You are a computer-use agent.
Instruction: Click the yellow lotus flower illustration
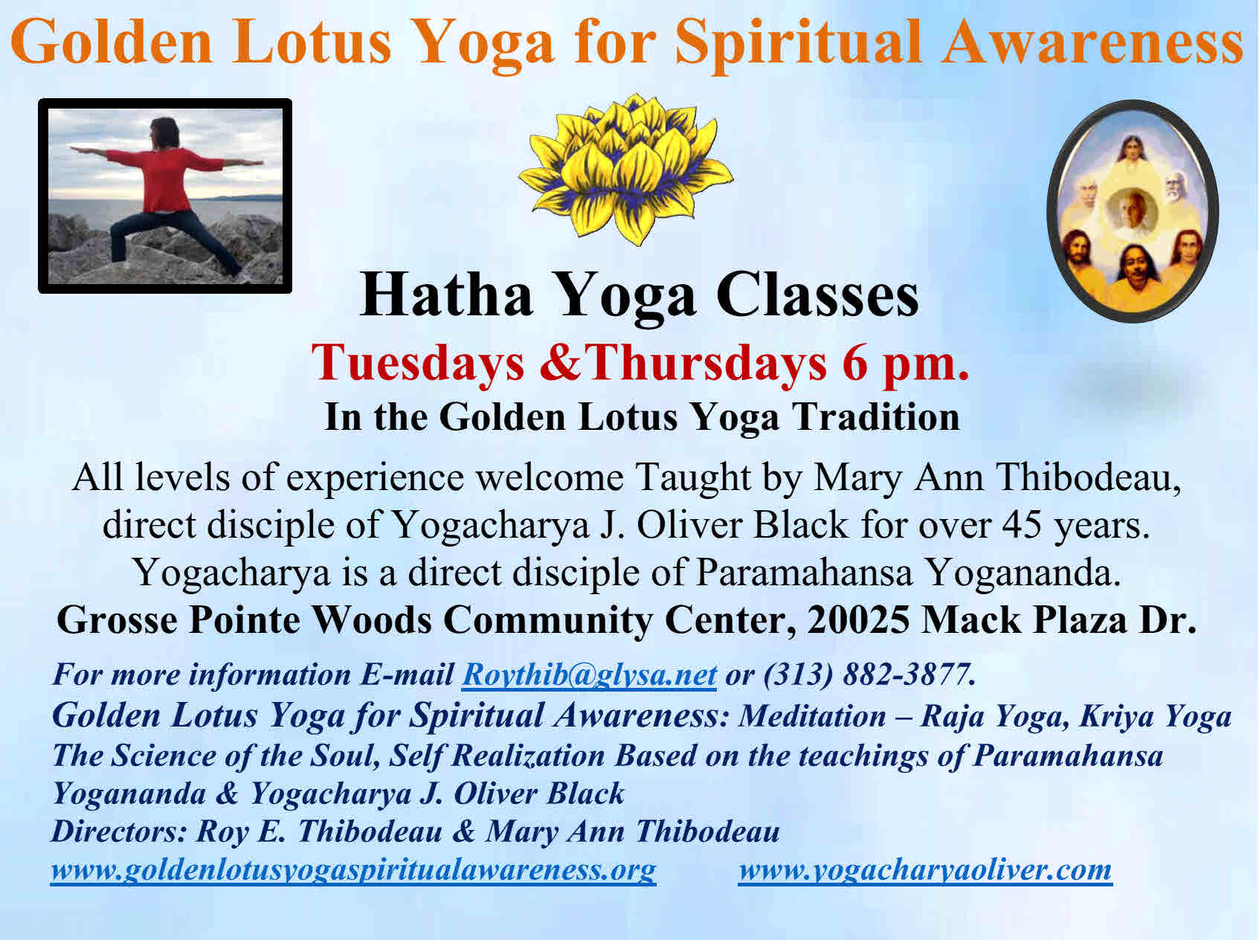click(x=625, y=170)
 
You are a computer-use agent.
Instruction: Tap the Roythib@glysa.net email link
click(x=589, y=675)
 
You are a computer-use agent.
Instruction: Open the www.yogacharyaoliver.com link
click(x=925, y=869)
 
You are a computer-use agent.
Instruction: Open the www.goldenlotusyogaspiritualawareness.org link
click(x=353, y=869)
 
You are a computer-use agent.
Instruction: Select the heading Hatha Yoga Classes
click(x=640, y=295)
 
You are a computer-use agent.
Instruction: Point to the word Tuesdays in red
click(x=419, y=363)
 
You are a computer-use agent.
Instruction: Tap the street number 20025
click(x=858, y=619)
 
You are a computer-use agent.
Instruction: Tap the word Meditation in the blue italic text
click(x=812, y=715)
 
